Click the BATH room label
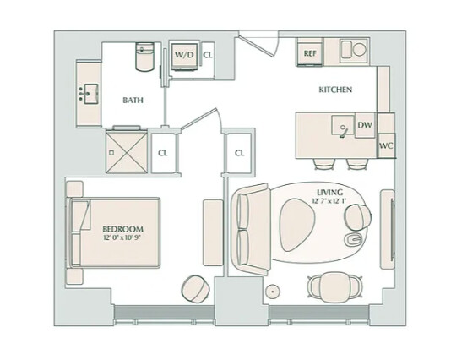coord(133,100)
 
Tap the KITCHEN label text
coord(334,90)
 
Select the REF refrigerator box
coord(310,52)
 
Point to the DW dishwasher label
coord(365,125)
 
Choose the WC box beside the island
coord(386,145)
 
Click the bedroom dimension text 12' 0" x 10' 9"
coord(122,238)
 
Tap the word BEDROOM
coord(122,228)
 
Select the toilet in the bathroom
coord(144,57)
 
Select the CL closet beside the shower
coord(163,153)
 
